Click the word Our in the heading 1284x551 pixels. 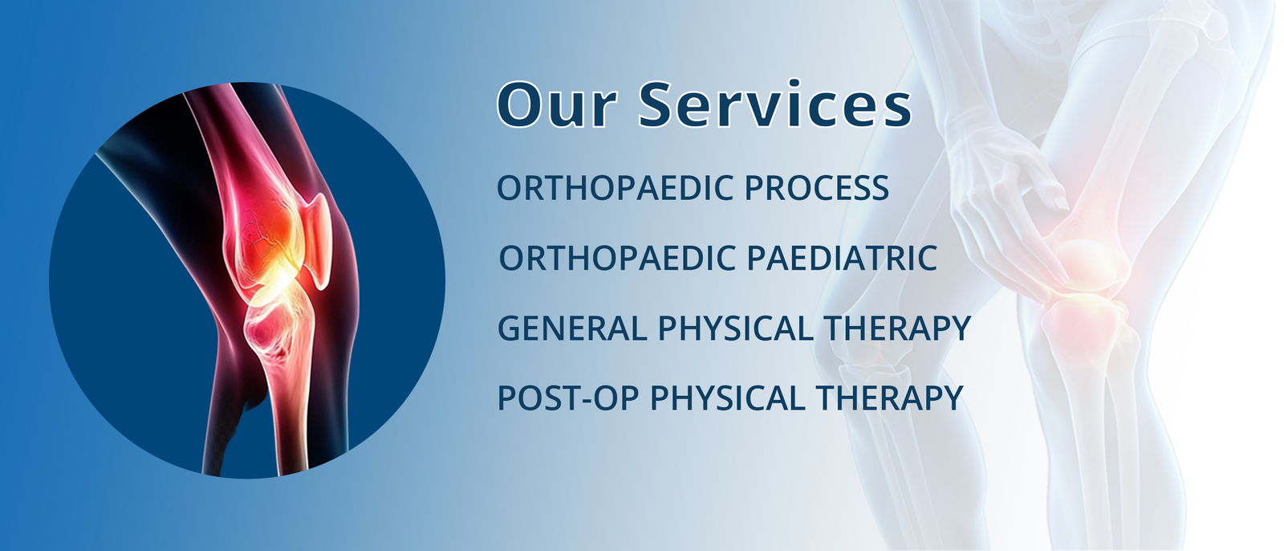click(557, 105)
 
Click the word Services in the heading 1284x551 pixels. click(775, 104)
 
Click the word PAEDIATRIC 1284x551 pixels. click(842, 258)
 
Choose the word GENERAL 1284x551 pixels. click(571, 329)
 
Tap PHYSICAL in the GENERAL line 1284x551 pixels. click(735, 329)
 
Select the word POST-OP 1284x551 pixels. click(567, 398)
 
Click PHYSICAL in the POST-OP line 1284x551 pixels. click(727, 398)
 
